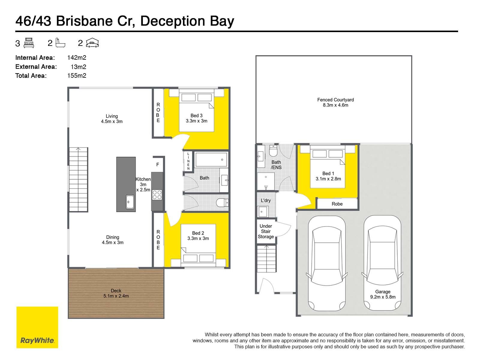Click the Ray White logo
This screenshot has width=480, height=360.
[37, 327]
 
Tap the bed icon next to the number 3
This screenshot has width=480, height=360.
[28, 43]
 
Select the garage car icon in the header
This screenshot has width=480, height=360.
[92, 43]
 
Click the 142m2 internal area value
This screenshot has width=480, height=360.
[76, 58]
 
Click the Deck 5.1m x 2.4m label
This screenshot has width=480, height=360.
[116, 293]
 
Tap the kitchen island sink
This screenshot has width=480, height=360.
[130, 202]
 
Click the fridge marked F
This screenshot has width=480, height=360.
[158, 165]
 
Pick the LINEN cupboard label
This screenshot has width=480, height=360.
[188, 161]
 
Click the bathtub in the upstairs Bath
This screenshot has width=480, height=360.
[211, 160]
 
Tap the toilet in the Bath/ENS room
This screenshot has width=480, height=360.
[273, 150]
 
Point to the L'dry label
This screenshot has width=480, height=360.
[266, 200]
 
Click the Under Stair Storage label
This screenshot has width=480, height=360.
[266, 231]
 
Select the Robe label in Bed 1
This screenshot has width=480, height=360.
[337, 204]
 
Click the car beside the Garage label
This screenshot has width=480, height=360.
[382, 263]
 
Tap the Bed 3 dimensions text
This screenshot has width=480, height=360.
[196, 121]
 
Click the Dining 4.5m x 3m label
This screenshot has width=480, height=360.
[112, 240]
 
